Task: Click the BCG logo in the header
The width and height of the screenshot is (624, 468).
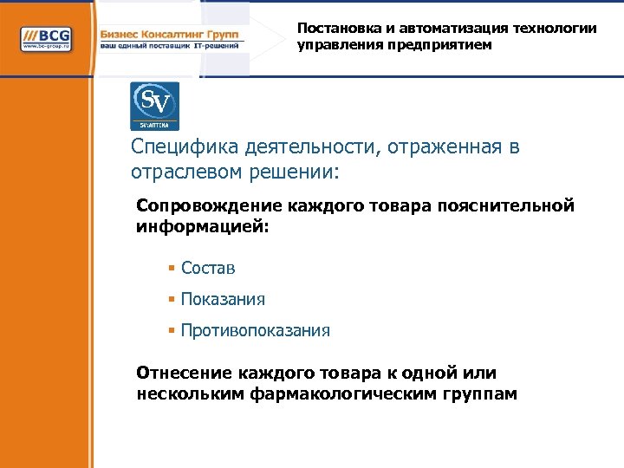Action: [x=47, y=39]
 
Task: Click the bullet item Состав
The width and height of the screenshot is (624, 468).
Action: [x=208, y=269]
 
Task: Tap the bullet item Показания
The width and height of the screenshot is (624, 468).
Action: [x=223, y=300]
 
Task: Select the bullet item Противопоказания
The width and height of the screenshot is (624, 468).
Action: [x=255, y=331]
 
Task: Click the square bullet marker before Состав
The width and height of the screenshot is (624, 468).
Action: [x=172, y=269]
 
